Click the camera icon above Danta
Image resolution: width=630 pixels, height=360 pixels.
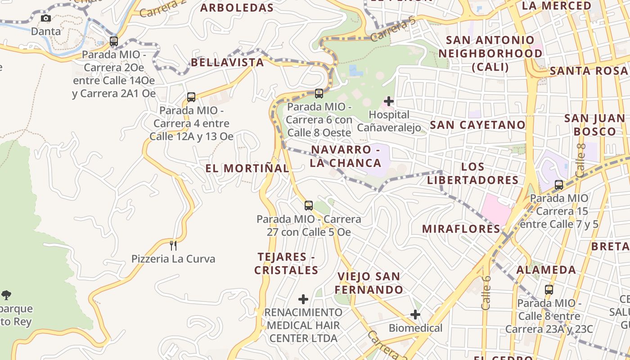pos(45,18)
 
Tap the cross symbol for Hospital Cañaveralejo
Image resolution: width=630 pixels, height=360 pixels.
pos(389,101)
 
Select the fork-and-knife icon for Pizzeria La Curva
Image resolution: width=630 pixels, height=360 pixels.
pos(173,246)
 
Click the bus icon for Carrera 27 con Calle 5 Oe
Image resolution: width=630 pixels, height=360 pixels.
pos(308,206)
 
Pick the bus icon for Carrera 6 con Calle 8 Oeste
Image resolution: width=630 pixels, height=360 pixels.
pos(319,94)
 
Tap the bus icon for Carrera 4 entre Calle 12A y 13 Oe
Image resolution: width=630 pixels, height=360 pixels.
pos(191,97)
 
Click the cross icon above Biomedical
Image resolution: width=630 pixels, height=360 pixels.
pos(415,315)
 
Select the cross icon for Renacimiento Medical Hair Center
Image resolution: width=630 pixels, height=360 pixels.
pos(303,299)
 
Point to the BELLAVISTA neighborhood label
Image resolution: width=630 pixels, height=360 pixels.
pos(227,62)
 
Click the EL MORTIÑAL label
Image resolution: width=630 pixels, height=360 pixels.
pos(247,168)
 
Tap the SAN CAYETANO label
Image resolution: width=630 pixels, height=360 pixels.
pos(477,125)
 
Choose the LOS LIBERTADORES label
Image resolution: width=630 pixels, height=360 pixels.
pos(473,174)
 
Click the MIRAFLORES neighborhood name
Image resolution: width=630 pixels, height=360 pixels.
pos(461,229)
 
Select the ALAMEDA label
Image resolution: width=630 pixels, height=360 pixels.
pos(546,270)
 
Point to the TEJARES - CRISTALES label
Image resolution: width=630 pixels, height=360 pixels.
pos(286,264)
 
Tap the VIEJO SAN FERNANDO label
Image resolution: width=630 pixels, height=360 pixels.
pos(369,283)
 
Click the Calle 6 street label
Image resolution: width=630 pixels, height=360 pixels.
pos(486,292)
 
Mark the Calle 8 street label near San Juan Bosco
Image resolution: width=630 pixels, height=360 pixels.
pos(580,160)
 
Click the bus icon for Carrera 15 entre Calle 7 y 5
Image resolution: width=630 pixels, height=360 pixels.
pos(559,184)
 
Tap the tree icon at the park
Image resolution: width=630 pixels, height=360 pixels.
pos(6,295)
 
